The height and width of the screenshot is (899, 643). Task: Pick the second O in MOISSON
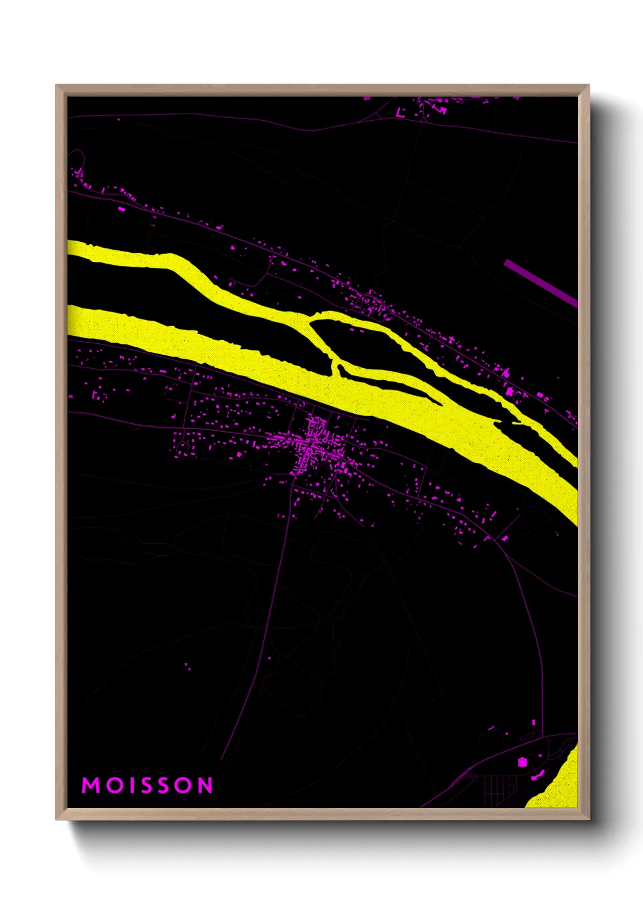click(184, 785)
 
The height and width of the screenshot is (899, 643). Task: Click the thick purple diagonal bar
click(540, 282)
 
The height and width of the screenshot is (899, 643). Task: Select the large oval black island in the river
click(359, 343)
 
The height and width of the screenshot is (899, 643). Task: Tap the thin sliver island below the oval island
click(389, 381)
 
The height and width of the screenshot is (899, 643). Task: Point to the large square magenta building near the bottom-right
click(521, 762)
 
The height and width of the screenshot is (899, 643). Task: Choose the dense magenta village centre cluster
click(316, 443)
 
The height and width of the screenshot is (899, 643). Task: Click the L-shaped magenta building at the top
click(401, 113)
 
